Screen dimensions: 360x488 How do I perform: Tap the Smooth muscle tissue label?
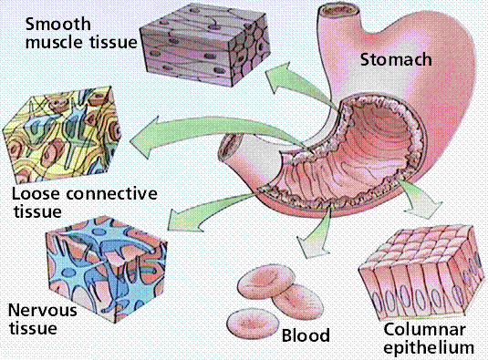coord(67,33)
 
